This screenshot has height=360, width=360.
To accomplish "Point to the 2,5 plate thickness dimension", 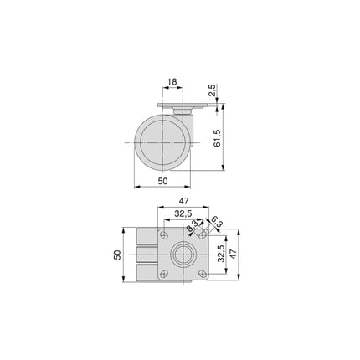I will click(214, 90).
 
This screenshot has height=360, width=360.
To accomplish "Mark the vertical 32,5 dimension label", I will click(220, 255).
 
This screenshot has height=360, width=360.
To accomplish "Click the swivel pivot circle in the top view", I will click(180, 255).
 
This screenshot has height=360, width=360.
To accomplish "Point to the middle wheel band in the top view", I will click(143, 255).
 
